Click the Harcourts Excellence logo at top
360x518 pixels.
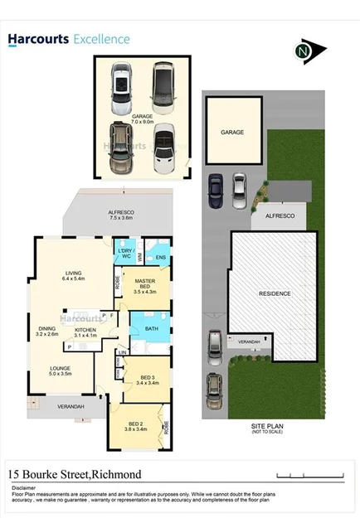pyautogui.click(x=70, y=39)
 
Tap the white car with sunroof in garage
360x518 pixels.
pyautogui.click(x=120, y=89)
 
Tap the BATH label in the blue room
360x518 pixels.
pyautogui.click(x=152, y=328)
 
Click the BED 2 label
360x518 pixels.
pyautogui.click(x=135, y=426)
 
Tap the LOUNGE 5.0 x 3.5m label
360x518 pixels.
pyautogui.click(x=62, y=370)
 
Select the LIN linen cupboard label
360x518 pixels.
pyautogui.click(x=123, y=353)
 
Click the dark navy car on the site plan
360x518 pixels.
pyautogui.click(x=217, y=192)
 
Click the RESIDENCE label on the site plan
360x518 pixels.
pyautogui.click(x=274, y=293)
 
